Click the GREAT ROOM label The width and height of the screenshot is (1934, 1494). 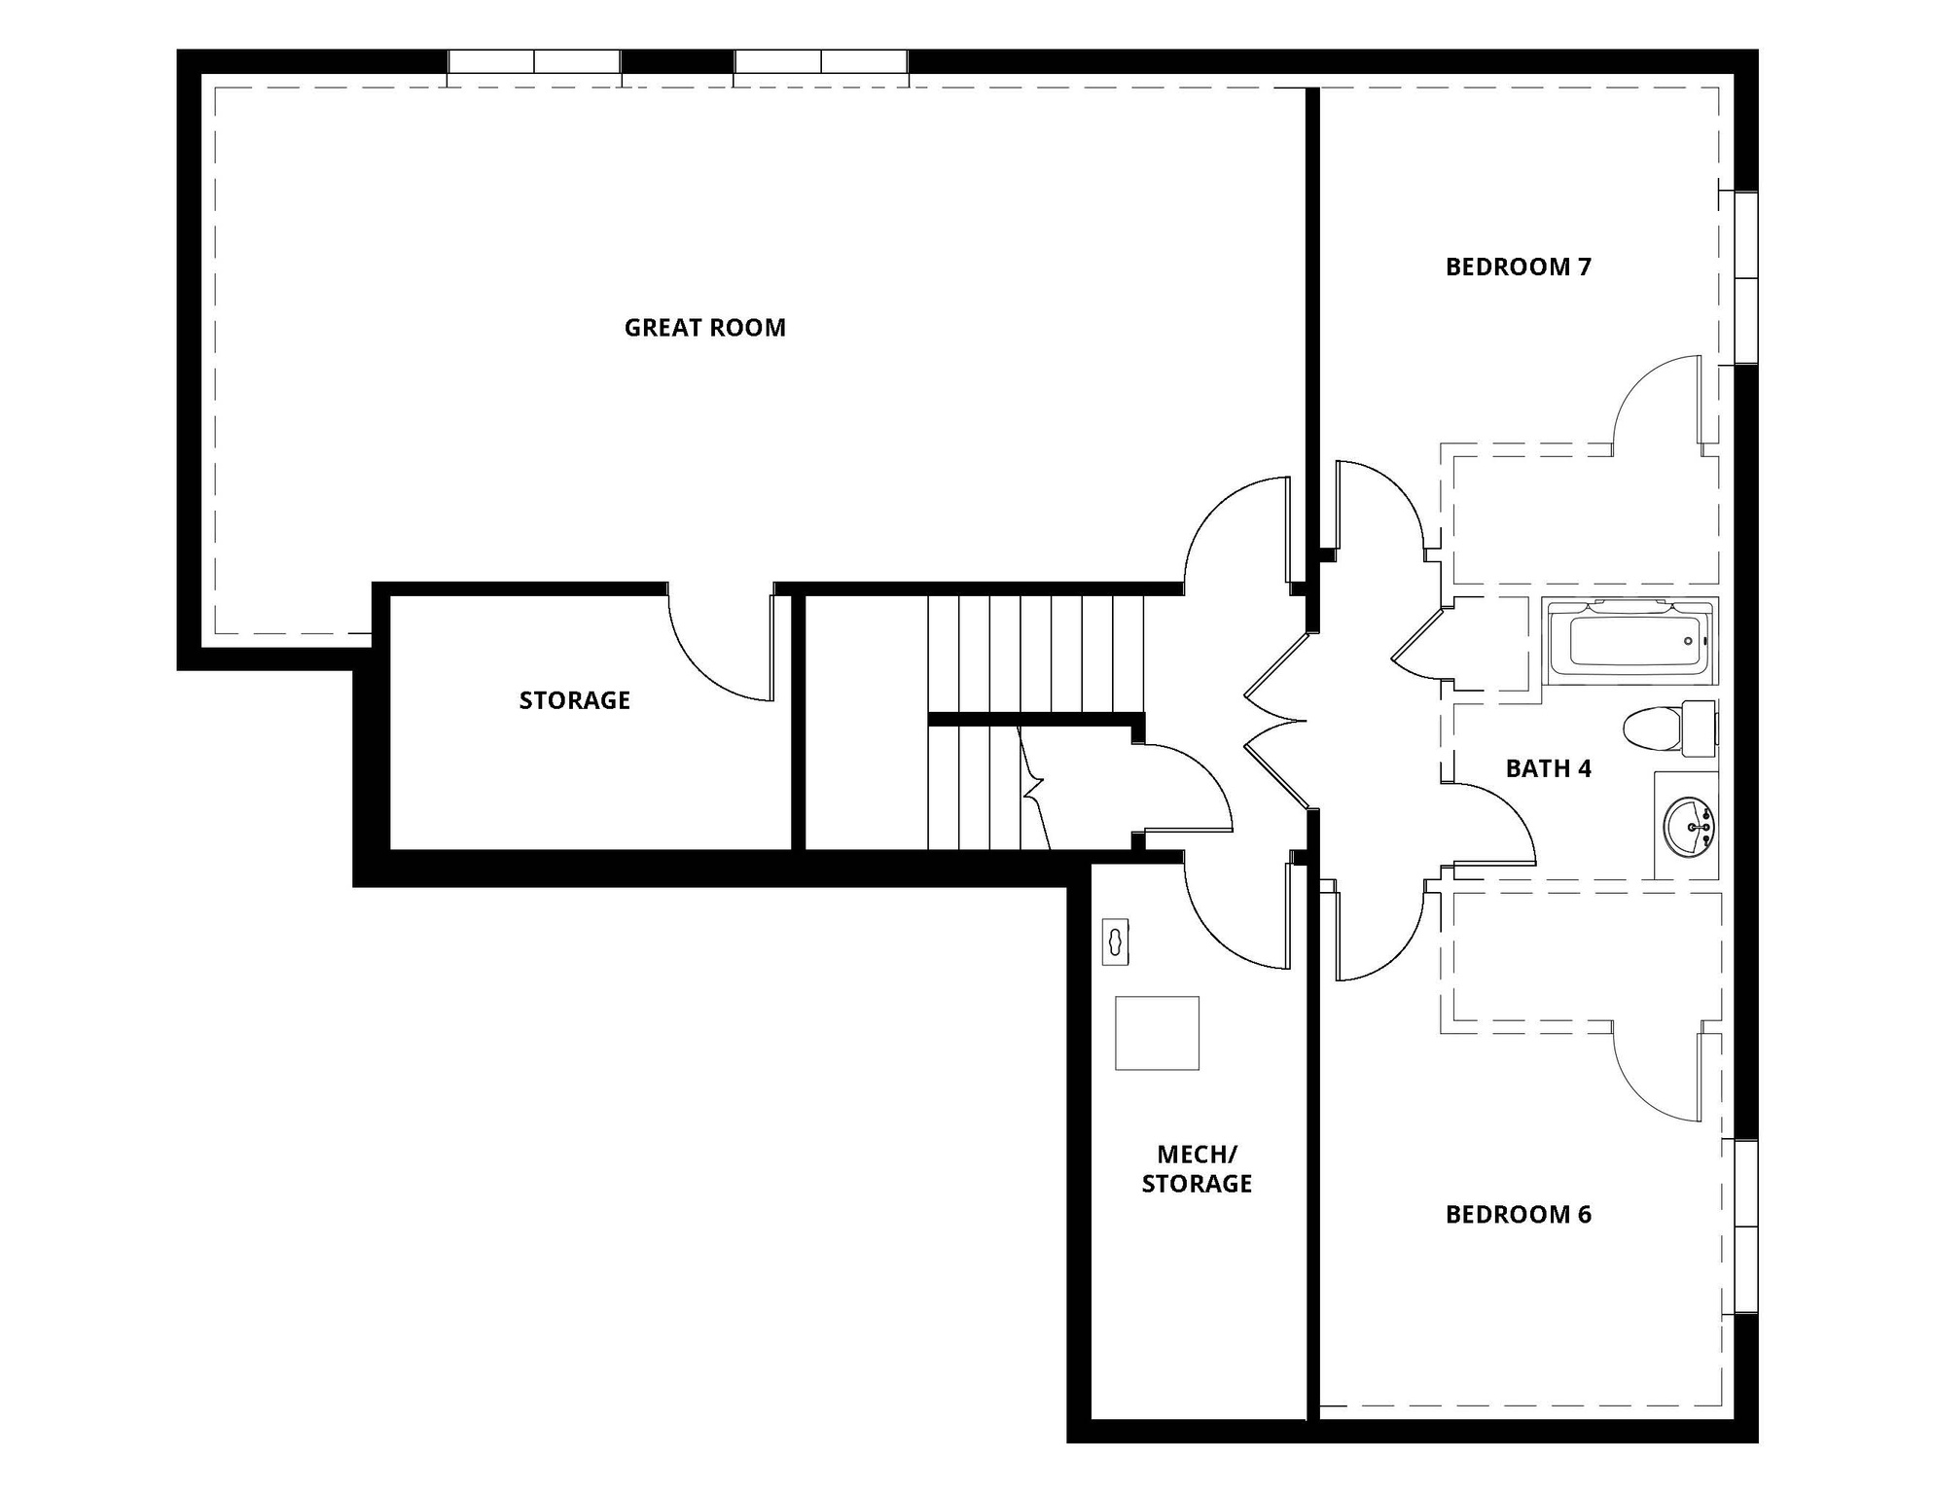[704, 328]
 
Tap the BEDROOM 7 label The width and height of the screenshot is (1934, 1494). [1518, 267]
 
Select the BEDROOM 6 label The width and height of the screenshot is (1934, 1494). [1518, 1214]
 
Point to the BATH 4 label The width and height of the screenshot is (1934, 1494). [1548, 768]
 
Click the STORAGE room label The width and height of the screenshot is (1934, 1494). [574, 700]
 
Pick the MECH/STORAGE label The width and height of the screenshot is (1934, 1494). [1197, 1169]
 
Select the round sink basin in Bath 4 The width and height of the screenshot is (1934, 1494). [1690, 827]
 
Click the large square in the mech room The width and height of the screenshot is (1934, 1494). [1157, 1033]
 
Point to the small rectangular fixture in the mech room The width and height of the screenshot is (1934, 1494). [1115, 942]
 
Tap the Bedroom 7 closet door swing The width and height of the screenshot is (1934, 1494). [1659, 404]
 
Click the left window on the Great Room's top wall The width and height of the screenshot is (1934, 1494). [534, 62]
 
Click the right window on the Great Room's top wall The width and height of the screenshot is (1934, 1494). [821, 62]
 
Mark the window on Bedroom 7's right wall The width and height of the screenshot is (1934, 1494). [1746, 278]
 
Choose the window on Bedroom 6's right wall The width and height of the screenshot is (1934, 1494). [1746, 1227]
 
